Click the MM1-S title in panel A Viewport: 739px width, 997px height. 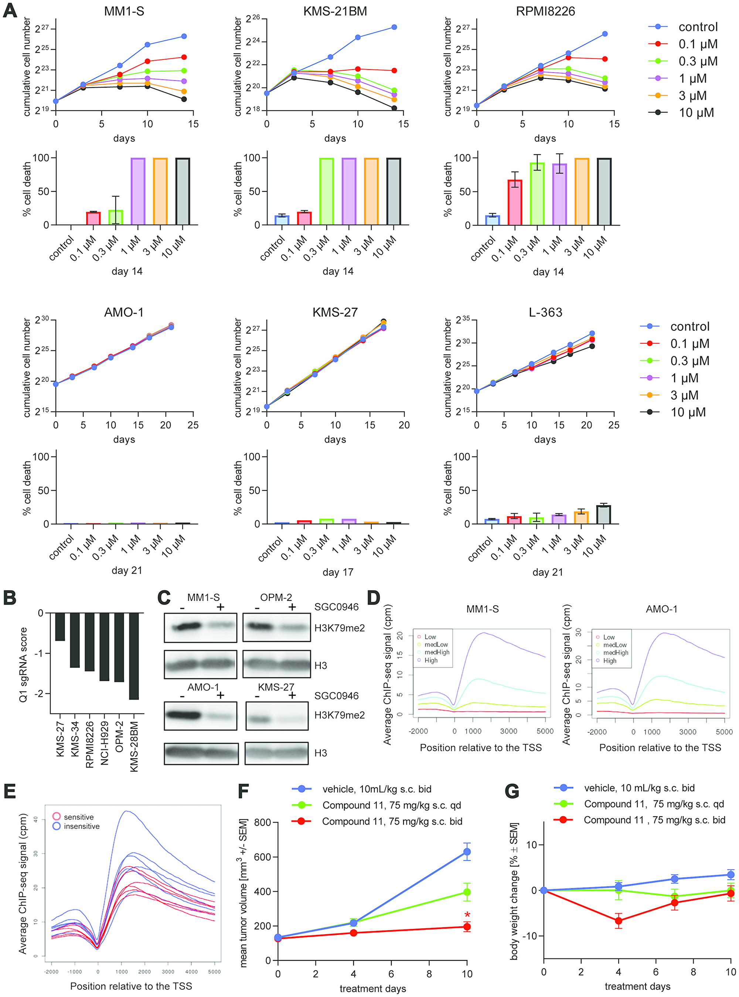tap(124, 11)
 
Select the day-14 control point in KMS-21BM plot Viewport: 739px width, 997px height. tap(394, 27)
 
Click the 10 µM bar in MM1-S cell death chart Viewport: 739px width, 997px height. tap(183, 191)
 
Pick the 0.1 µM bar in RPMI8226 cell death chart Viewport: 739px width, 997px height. tap(515, 202)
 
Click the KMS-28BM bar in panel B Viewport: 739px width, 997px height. tap(134, 656)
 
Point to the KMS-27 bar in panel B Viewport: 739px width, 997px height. tap(60, 627)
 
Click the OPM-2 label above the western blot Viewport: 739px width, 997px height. tap(276, 597)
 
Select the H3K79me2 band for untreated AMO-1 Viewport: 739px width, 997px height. tap(183, 715)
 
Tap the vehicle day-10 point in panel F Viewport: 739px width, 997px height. tap(467, 852)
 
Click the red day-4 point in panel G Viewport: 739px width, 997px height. tap(618, 921)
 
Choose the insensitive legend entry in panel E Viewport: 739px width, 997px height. tap(81, 826)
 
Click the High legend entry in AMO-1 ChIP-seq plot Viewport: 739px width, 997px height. tap(609, 661)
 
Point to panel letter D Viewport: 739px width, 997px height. tap(374, 598)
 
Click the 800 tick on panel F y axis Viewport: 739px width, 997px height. tap(263, 823)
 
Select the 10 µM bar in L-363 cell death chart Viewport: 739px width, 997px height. tap(603, 514)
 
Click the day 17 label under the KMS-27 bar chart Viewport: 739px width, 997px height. tap(338, 572)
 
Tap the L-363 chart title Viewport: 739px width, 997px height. tap(545, 312)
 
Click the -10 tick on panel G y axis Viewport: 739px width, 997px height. tap(529, 936)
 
